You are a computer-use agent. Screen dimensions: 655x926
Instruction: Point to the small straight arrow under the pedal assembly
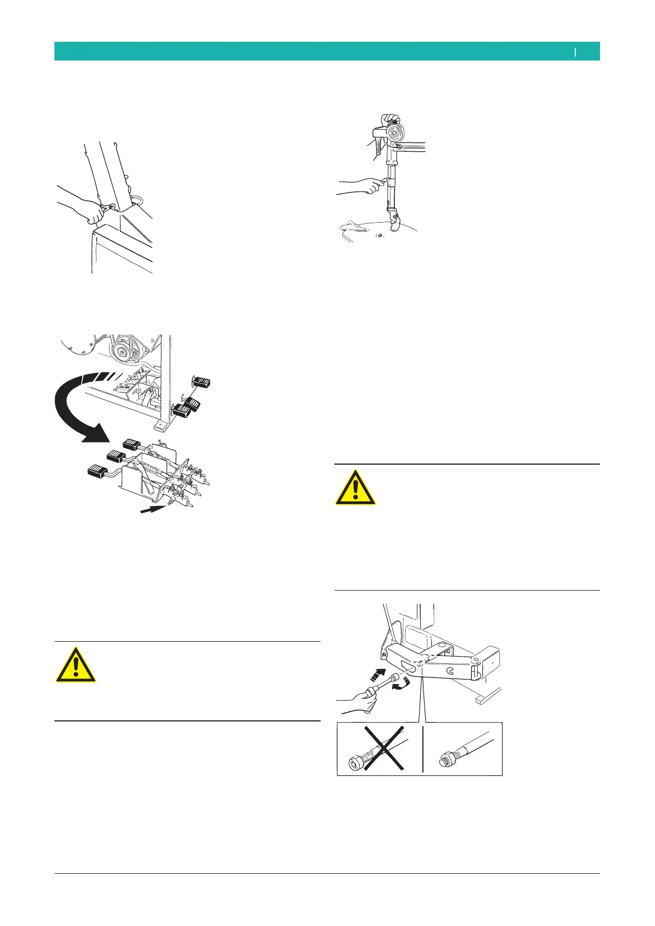pyautogui.click(x=152, y=510)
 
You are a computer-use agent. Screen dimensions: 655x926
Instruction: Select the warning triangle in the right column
pyautogui.click(x=356, y=488)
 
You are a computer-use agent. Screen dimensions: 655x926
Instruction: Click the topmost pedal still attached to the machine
pyautogui.click(x=203, y=382)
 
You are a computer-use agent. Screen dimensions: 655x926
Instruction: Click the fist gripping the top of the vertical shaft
pyautogui.click(x=390, y=120)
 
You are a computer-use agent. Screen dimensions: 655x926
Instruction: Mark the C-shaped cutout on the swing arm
pyautogui.click(x=450, y=670)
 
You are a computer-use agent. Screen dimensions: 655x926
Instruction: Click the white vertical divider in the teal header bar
pyautogui.click(x=575, y=52)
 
